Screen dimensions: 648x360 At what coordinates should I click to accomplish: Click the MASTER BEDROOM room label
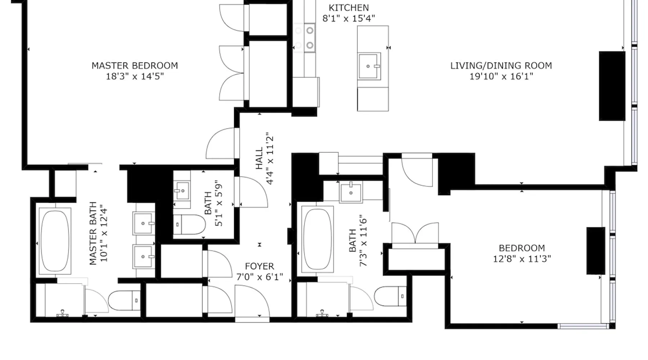click(135, 66)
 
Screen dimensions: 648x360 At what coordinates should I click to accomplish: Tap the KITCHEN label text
click(348, 8)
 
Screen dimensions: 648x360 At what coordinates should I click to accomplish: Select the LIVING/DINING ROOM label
click(501, 66)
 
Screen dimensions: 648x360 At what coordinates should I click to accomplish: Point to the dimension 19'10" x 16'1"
click(501, 77)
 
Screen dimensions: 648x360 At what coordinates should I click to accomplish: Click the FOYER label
click(259, 266)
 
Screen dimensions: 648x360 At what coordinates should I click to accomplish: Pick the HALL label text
click(259, 158)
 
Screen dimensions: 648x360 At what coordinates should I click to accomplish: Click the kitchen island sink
click(369, 67)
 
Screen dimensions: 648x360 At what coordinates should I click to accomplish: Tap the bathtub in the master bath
click(55, 241)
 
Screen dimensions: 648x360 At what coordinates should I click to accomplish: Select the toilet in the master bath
click(124, 301)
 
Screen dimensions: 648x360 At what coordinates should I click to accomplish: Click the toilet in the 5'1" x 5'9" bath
click(189, 225)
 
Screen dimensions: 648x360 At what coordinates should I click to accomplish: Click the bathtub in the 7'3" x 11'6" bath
click(317, 239)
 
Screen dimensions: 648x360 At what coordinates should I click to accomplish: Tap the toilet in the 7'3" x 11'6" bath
click(391, 296)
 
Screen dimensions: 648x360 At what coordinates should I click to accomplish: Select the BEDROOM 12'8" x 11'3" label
click(522, 253)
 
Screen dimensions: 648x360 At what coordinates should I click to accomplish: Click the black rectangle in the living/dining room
click(612, 86)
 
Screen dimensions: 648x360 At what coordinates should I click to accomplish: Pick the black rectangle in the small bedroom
click(596, 251)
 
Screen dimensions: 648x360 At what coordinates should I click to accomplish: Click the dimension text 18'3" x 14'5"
click(135, 77)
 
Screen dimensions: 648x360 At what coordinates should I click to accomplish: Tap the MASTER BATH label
click(93, 233)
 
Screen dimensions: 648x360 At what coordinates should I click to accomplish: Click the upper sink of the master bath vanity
click(144, 224)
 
